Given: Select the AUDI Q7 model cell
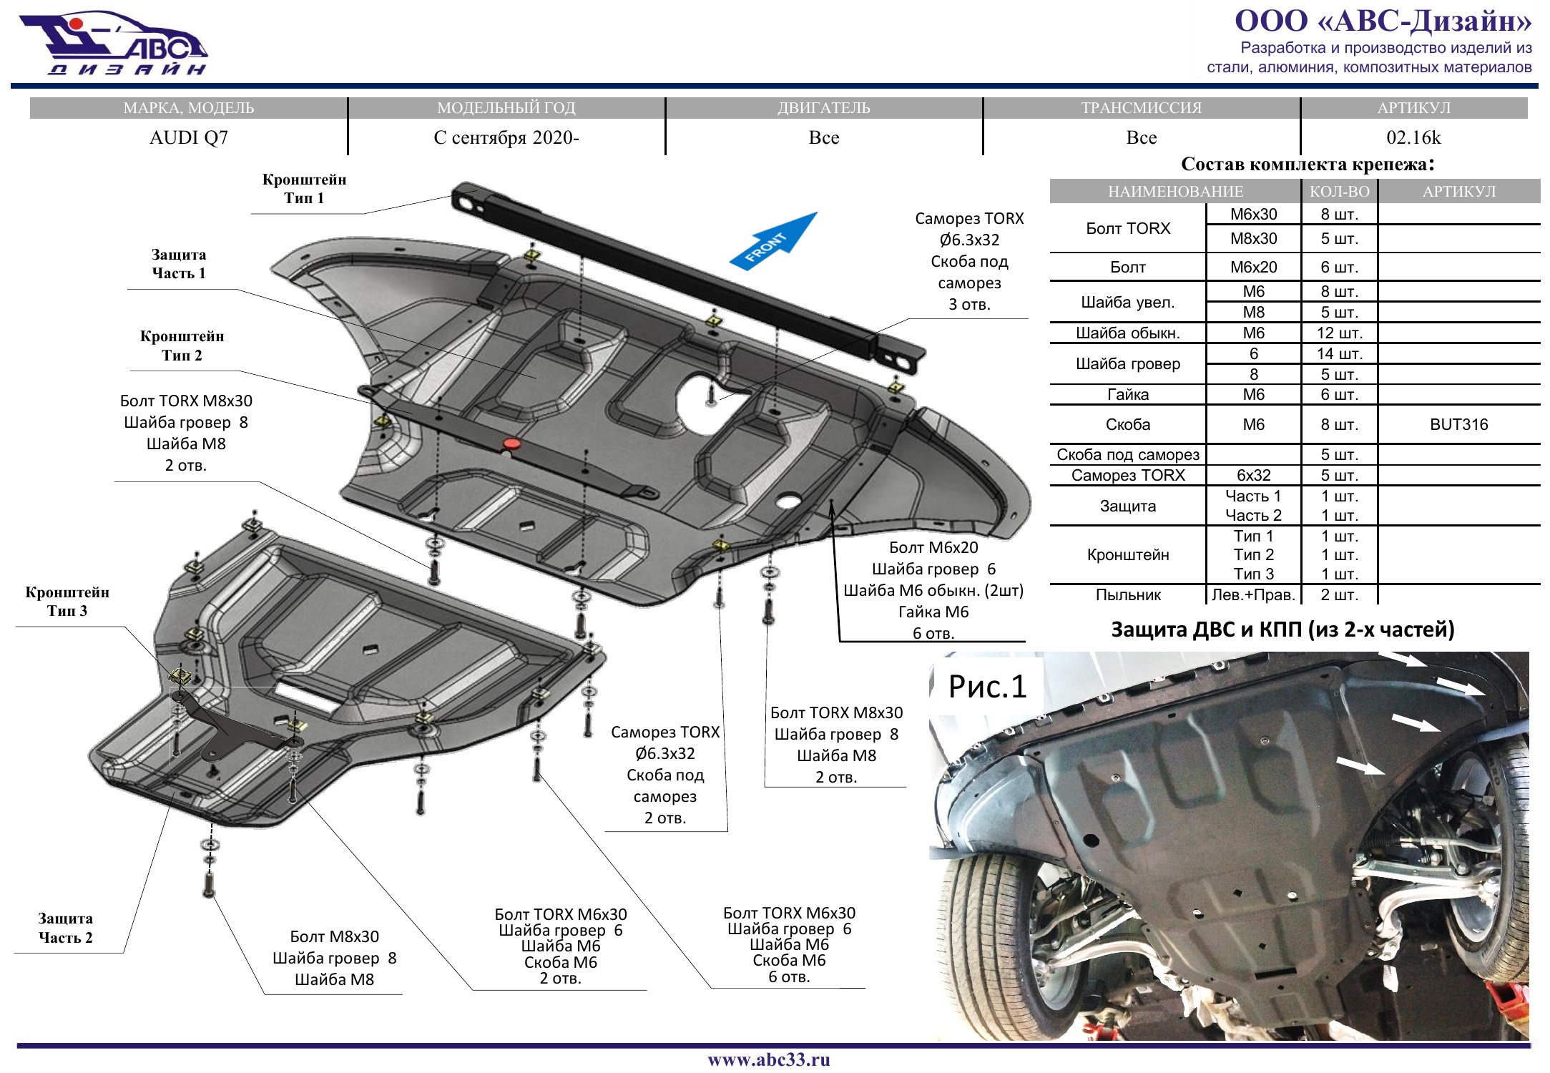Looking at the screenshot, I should click(x=189, y=137).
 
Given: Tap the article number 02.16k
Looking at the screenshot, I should click(x=1413, y=137).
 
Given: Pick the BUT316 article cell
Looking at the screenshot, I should click(x=1458, y=424).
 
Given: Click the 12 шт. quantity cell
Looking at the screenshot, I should click(x=1340, y=333).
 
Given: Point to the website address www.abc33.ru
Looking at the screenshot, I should click(x=769, y=1059).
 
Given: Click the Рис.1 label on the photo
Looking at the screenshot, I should click(x=987, y=687).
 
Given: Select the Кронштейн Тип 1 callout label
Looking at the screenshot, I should click(x=304, y=189).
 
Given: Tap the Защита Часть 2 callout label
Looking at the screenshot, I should click(x=66, y=928).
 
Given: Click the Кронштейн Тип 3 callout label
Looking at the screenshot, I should click(x=67, y=601).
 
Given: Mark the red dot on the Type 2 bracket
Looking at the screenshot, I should click(x=511, y=444).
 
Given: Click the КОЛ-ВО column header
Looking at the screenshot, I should click(x=1339, y=191).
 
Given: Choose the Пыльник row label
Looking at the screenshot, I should click(x=1128, y=594).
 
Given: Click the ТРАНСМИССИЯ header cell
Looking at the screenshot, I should click(x=1141, y=108).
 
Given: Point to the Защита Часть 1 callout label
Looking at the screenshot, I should click(x=179, y=264).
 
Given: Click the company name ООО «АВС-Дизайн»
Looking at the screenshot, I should click(x=1383, y=21).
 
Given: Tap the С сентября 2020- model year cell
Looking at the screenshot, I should click(x=506, y=137).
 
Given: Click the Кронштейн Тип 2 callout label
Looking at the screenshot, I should click(x=182, y=346).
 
